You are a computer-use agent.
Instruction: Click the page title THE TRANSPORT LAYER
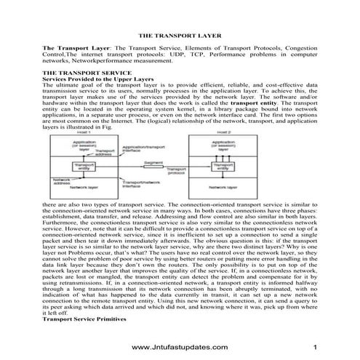[180, 34]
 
